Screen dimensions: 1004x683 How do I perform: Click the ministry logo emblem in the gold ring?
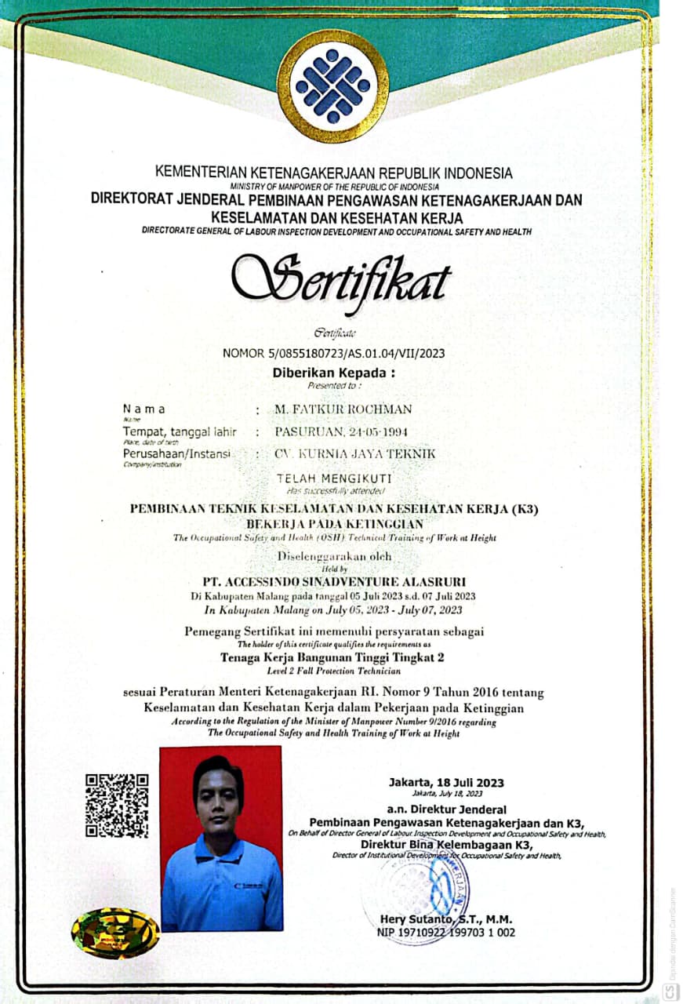(x=332, y=85)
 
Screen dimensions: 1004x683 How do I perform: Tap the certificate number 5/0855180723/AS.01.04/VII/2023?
(x=334, y=353)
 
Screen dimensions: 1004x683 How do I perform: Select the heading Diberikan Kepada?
(x=334, y=373)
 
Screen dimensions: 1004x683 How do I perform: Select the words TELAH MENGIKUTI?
(x=335, y=478)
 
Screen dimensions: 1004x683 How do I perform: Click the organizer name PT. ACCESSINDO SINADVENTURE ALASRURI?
(x=334, y=581)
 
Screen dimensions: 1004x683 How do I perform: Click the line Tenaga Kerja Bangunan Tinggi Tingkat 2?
(x=333, y=657)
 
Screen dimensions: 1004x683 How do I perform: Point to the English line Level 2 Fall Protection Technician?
(x=334, y=671)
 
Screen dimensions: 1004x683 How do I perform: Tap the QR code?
(x=117, y=805)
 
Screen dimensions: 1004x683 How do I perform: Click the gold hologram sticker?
(x=114, y=933)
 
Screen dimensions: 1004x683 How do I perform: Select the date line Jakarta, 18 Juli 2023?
(x=446, y=782)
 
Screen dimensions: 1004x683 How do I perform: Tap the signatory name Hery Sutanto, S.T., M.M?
(x=447, y=919)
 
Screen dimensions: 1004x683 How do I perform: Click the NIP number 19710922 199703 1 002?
(x=447, y=932)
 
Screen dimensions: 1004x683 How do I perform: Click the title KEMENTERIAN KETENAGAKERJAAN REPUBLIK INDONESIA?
(x=334, y=173)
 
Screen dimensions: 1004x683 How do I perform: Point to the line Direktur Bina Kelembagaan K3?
(x=447, y=845)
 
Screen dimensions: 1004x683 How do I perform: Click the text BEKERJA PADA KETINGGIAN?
(x=334, y=523)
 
